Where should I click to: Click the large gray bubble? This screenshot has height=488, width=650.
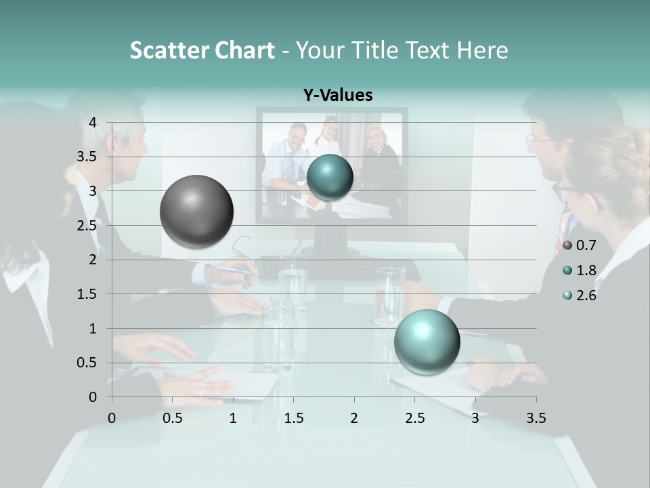[196, 211]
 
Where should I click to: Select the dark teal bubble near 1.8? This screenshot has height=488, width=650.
[330, 178]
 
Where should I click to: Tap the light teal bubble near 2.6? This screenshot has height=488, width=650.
[427, 342]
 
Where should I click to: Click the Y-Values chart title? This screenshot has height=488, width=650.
[338, 96]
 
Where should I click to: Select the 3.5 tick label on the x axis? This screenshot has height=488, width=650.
[536, 418]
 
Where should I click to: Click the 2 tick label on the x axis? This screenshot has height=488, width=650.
[354, 418]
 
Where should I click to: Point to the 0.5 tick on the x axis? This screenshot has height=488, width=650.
[173, 418]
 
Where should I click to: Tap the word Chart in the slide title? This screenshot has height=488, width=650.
[244, 50]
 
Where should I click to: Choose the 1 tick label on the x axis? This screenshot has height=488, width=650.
[233, 418]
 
